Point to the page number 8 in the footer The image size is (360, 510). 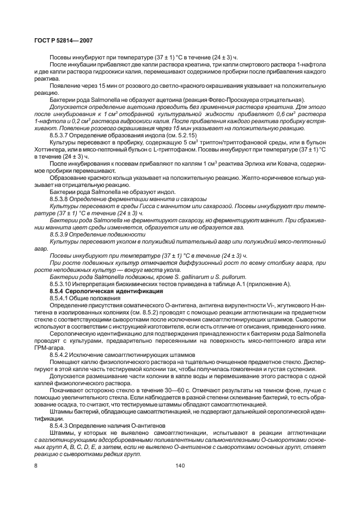[36, 465]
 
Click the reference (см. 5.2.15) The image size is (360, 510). [181, 134]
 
